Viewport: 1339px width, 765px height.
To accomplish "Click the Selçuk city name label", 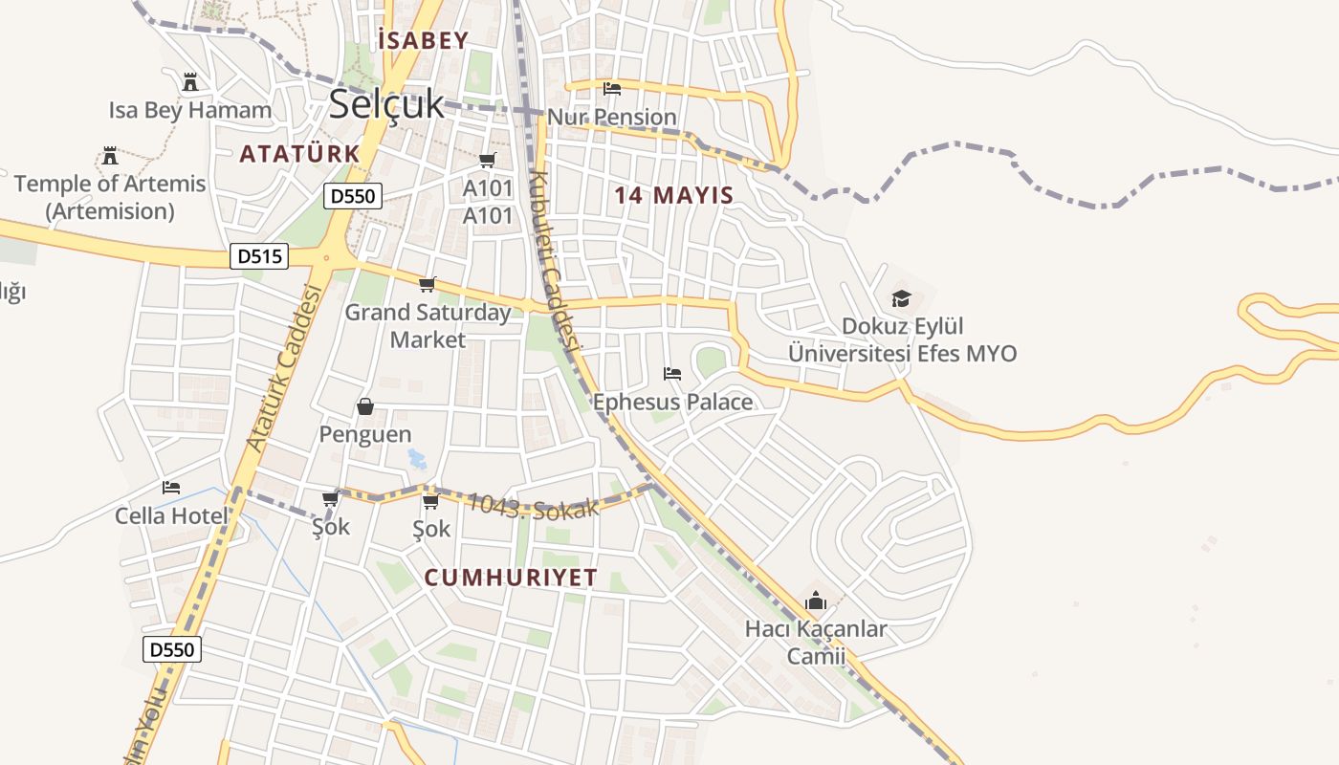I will (386, 104).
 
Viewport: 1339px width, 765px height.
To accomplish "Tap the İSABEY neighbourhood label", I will (424, 40).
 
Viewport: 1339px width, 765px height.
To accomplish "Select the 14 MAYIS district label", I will (673, 195).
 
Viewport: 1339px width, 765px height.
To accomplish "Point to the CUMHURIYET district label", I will (511, 578).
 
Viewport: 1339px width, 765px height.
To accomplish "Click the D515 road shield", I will (259, 256).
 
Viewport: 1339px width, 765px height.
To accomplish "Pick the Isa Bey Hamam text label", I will (190, 110).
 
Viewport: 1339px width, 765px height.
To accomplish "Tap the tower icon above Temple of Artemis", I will (110, 155).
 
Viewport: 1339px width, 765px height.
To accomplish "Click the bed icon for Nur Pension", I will (612, 89).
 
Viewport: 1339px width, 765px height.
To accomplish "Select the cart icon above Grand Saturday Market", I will (428, 284).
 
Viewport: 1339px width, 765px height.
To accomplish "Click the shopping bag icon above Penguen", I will (365, 406).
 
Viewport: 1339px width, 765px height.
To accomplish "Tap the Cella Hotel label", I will (171, 516).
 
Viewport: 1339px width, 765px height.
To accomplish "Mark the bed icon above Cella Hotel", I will (171, 488).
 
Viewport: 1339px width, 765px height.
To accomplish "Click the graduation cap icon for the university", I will (901, 298).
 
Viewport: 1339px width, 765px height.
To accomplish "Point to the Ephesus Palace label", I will (672, 402).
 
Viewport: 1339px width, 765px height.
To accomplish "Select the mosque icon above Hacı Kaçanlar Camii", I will (816, 601).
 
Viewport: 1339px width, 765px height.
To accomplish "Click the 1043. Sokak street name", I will (534, 505).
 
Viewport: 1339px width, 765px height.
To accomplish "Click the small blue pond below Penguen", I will (417, 458).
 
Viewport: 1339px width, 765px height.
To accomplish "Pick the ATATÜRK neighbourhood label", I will (299, 153).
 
